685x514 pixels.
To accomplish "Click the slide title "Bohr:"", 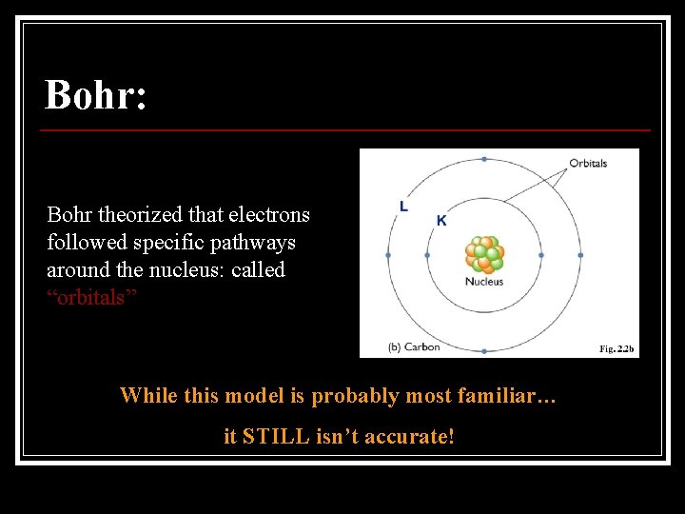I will [x=96, y=95].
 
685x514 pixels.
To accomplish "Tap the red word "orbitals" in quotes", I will [x=92, y=297].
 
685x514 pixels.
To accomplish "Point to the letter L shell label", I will [x=403, y=207].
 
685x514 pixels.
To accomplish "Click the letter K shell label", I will [x=441, y=220].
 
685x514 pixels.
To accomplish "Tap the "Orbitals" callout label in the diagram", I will [x=588, y=163].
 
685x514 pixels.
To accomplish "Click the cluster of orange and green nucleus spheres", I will [x=484, y=254].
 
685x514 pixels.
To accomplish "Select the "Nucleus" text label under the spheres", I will [x=484, y=282].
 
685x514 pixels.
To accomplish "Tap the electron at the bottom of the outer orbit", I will [x=484, y=351].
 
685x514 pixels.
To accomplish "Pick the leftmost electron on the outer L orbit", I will [x=388, y=255].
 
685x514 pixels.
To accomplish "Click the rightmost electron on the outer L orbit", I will [x=579, y=255].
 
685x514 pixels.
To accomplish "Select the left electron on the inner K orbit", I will [x=427, y=255].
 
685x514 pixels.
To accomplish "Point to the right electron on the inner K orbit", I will [x=541, y=255].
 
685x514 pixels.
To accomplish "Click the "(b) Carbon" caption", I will [x=414, y=347].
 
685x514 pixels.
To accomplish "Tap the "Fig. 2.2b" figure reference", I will [x=616, y=349].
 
